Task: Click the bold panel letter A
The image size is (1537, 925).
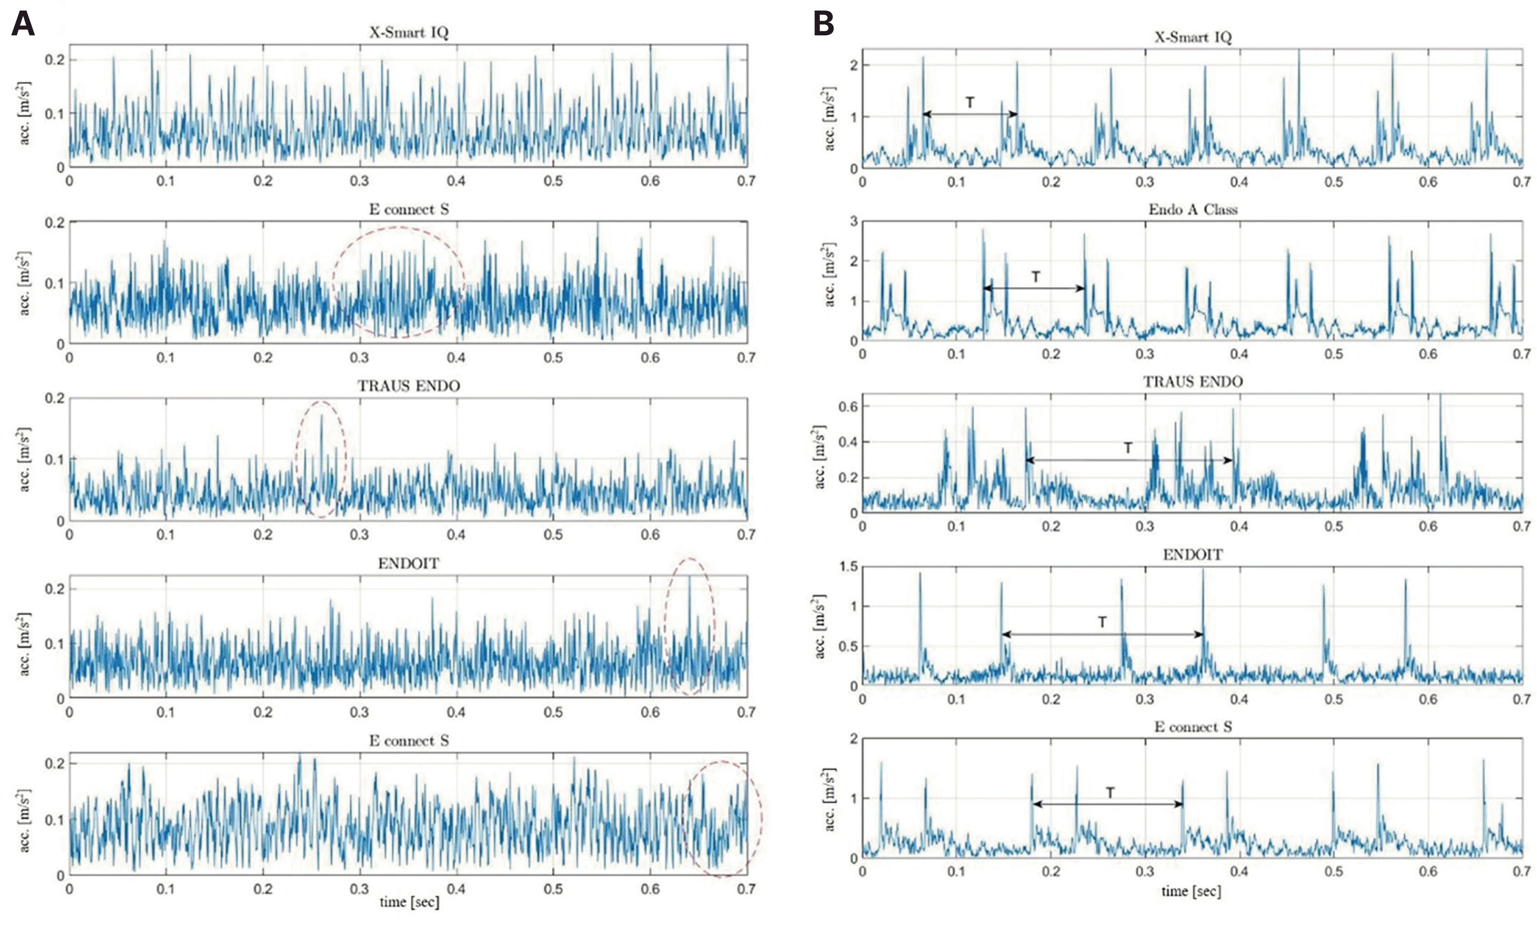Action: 22,25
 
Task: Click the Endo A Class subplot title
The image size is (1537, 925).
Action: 1192,209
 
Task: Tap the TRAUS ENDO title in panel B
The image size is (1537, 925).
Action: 1192,381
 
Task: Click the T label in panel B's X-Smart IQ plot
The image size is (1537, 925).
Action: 970,103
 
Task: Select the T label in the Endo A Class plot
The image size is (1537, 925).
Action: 1035,277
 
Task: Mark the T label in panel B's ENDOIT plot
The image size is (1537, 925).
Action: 1102,622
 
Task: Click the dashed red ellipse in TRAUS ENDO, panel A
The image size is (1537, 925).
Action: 320,460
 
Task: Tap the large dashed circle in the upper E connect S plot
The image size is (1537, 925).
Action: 398,282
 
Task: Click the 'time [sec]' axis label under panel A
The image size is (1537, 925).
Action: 409,902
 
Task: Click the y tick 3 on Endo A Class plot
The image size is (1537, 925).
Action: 853,221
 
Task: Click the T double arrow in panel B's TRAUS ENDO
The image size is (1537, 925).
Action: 1128,460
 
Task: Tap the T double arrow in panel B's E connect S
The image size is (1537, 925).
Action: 1108,804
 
